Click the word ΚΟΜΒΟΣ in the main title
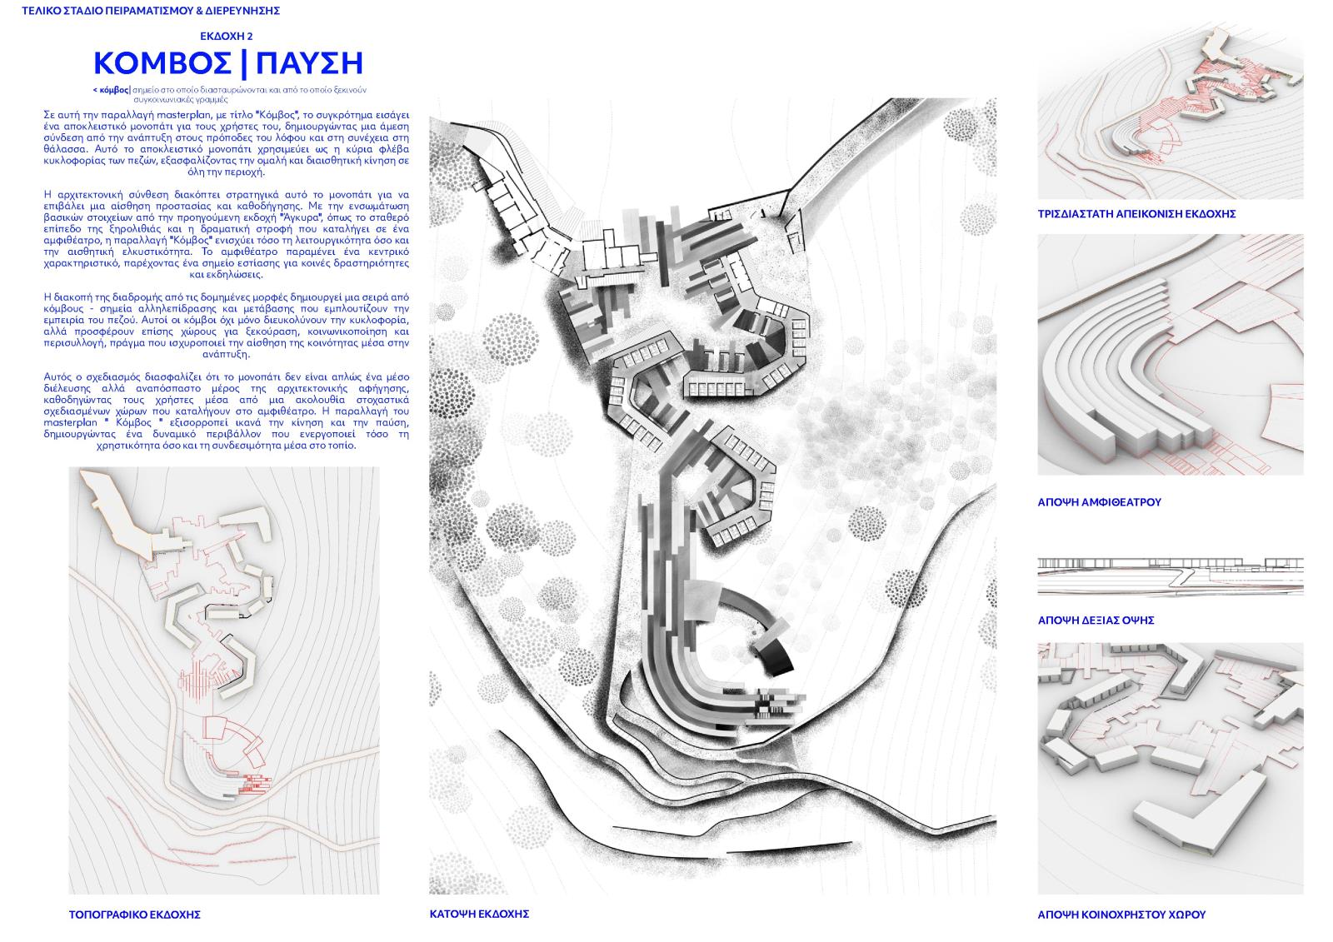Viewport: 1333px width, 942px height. click(x=162, y=63)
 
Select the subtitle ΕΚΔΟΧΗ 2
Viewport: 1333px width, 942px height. click(x=226, y=37)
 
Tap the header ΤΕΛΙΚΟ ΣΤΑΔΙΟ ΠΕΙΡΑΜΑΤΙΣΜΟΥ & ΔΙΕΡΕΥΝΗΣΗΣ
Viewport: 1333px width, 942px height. click(x=151, y=11)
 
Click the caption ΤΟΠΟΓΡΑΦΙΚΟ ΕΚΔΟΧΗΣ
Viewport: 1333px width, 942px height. click(x=134, y=915)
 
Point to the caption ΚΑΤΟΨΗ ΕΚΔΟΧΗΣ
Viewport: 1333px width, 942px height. click(x=479, y=914)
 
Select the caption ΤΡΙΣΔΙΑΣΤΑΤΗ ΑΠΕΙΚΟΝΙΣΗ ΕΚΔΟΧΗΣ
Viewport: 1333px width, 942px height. click(x=1136, y=214)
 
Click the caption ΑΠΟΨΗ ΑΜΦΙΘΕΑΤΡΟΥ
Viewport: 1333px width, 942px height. click(x=1099, y=502)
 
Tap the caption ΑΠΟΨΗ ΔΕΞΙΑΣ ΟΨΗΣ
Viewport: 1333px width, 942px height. click(x=1096, y=621)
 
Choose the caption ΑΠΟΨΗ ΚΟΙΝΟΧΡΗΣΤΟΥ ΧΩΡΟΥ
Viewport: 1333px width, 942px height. click(x=1121, y=915)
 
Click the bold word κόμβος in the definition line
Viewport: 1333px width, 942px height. click(x=112, y=90)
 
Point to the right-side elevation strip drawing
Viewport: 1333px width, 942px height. click(x=1170, y=576)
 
